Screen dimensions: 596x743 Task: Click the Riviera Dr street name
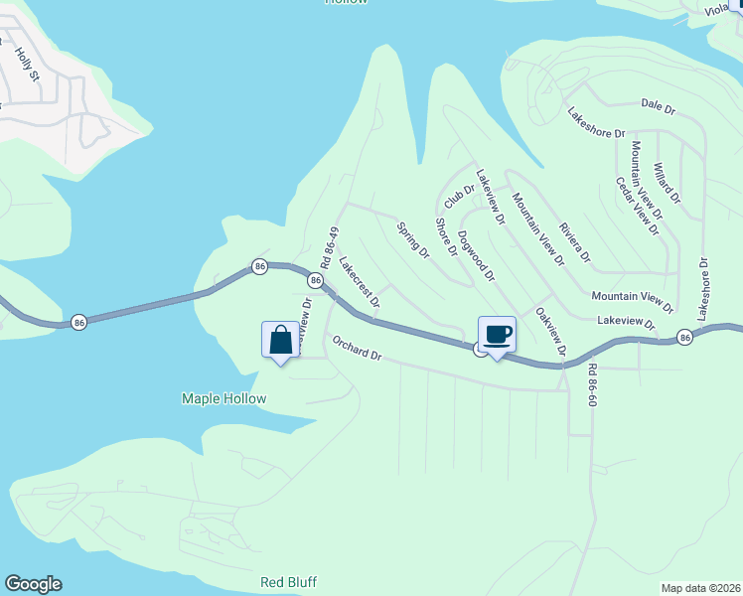(x=575, y=242)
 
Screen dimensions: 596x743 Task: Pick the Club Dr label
(x=460, y=196)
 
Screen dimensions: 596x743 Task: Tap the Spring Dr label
(x=413, y=239)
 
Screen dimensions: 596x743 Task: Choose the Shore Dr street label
(x=446, y=237)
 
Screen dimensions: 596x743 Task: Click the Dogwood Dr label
(x=476, y=256)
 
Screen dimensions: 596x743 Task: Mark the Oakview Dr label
(x=550, y=331)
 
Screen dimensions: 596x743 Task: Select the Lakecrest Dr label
(x=360, y=282)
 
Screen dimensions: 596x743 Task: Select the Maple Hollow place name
(x=223, y=398)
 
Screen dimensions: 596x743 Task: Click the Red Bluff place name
(x=288, y=582)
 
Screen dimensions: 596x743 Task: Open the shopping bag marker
(x=281, y=340)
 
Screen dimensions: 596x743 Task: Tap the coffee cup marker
(x=497, y=335)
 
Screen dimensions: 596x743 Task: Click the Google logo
(x=33, y=584)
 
